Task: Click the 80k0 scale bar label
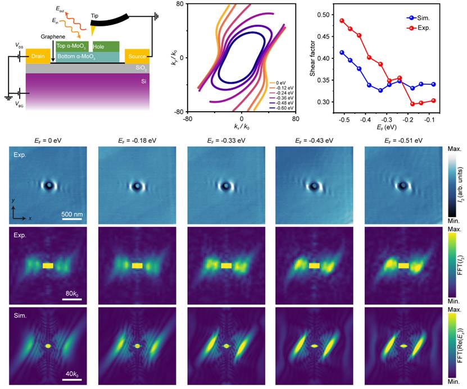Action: (x=72, y=293)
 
